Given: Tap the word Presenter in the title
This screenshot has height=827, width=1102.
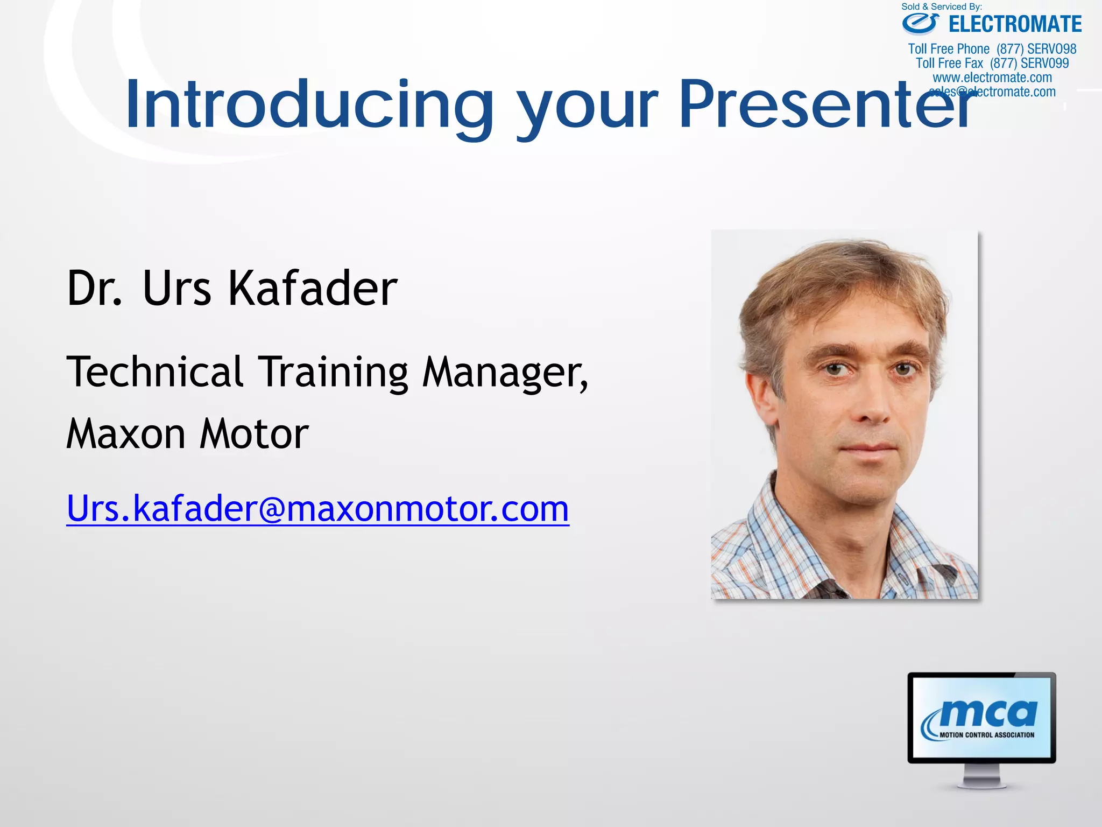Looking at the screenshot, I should tap(826, 104).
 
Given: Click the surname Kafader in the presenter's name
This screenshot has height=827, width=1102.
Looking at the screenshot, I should tap(313, 289).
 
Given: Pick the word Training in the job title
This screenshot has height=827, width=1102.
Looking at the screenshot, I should tap(334, 373).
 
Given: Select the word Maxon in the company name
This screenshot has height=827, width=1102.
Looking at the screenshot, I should tap(125, 434).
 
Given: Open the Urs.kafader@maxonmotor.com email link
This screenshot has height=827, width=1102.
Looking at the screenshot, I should tap(317, 508).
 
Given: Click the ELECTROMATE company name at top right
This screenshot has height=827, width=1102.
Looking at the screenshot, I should tap(1015, 25).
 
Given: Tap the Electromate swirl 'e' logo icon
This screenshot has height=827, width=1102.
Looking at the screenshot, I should tap(921, 24).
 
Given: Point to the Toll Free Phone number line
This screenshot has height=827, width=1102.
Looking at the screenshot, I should tap(992, 49).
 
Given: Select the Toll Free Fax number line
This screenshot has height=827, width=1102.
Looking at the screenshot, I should tap(992, 64).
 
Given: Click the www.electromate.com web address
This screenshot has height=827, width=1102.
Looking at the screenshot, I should tap(992, 78).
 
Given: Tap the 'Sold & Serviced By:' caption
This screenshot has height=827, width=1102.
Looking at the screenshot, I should tap(942, 7).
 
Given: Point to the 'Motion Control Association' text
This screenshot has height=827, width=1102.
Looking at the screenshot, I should tap(987, 735).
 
